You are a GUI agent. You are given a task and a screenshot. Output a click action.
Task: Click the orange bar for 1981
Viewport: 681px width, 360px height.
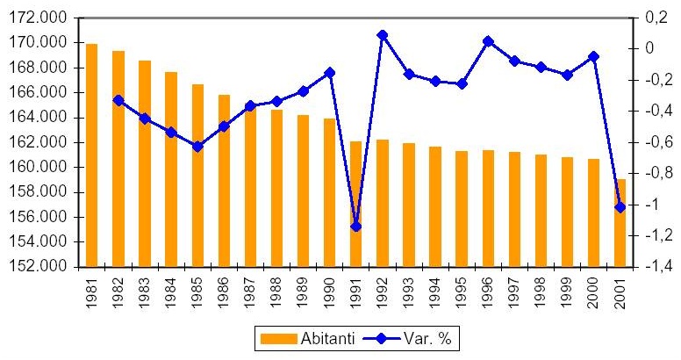(x=91, y=155)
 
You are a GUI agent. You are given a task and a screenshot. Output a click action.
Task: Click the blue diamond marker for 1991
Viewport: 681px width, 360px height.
(x=355, y=227)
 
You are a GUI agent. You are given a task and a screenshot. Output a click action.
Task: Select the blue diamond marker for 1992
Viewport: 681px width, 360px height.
(x=382, y=35)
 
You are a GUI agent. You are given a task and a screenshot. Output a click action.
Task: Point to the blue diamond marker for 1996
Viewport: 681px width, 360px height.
(x=488, y=40)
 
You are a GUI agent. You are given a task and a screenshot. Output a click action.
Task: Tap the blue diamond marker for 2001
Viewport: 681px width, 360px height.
(x=620, y=207)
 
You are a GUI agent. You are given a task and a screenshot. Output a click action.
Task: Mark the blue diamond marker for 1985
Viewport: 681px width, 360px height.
(x=197, y=147)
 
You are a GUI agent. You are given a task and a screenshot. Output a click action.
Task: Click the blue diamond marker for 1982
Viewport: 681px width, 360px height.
(x=118, y=100)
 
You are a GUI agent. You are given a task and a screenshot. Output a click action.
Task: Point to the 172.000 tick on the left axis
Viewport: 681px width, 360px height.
(x=48, y=18)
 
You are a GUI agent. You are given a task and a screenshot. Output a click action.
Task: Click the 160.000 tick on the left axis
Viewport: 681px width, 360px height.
(x=48, y=167)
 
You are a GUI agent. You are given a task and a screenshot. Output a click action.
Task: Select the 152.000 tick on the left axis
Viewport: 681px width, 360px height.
(x=48, y=267)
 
